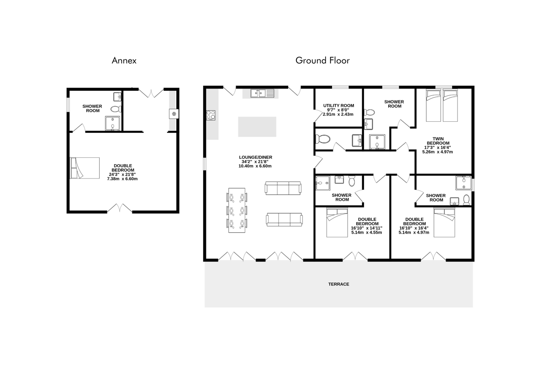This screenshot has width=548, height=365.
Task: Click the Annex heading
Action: (124, 60)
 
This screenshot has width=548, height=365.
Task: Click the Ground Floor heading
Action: (322, 60)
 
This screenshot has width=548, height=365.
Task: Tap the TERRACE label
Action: (338, 284)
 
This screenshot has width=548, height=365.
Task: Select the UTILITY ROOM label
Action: (338, 105)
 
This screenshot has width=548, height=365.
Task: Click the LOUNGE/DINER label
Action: (255, 157)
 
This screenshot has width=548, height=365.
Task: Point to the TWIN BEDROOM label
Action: (438, 141)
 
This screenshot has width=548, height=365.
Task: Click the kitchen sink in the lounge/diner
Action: (262, 93)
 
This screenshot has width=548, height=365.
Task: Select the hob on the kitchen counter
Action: (211, 115)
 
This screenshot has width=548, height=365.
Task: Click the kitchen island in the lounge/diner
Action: (257, 127)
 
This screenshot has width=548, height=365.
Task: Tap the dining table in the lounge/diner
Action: (237, 210)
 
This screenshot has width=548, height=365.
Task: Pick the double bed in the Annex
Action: (84, 168)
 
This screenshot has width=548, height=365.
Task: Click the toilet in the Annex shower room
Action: (116, 109)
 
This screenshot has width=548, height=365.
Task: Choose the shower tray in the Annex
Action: (112, 123)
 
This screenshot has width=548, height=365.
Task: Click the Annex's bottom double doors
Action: (120, 208)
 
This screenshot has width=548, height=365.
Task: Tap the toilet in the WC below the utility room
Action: (323, 139)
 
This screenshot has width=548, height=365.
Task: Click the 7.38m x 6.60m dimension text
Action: (122, 179)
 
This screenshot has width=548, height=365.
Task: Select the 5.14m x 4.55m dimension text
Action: (366, 233)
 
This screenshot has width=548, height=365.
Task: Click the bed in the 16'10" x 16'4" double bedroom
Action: (444, 223)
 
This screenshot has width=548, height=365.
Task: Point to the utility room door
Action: (318, 115)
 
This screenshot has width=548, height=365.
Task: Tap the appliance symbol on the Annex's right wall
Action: (174, 114)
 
